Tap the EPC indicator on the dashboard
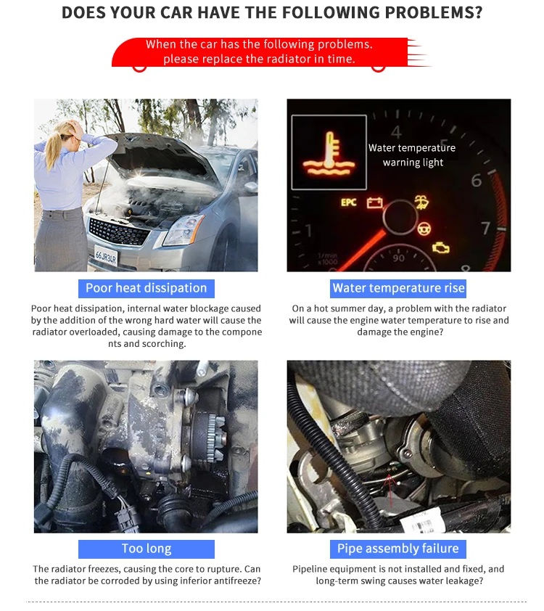tap(348, 202)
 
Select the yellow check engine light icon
tap(441, 248)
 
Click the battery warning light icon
tap(374, 202)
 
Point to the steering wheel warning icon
tap(424, 229)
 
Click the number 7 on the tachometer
tap(485, 229)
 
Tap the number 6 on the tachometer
tap(477, 181)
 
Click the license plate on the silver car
tap(106, 256)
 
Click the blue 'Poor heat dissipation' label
tap(147, 288)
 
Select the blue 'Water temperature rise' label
tap(398, 288)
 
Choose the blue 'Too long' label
tap(147, 549)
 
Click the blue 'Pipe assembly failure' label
tap(398, 549)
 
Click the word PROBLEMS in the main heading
tap(434, 13)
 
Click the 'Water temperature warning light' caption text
tap(413, 155)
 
